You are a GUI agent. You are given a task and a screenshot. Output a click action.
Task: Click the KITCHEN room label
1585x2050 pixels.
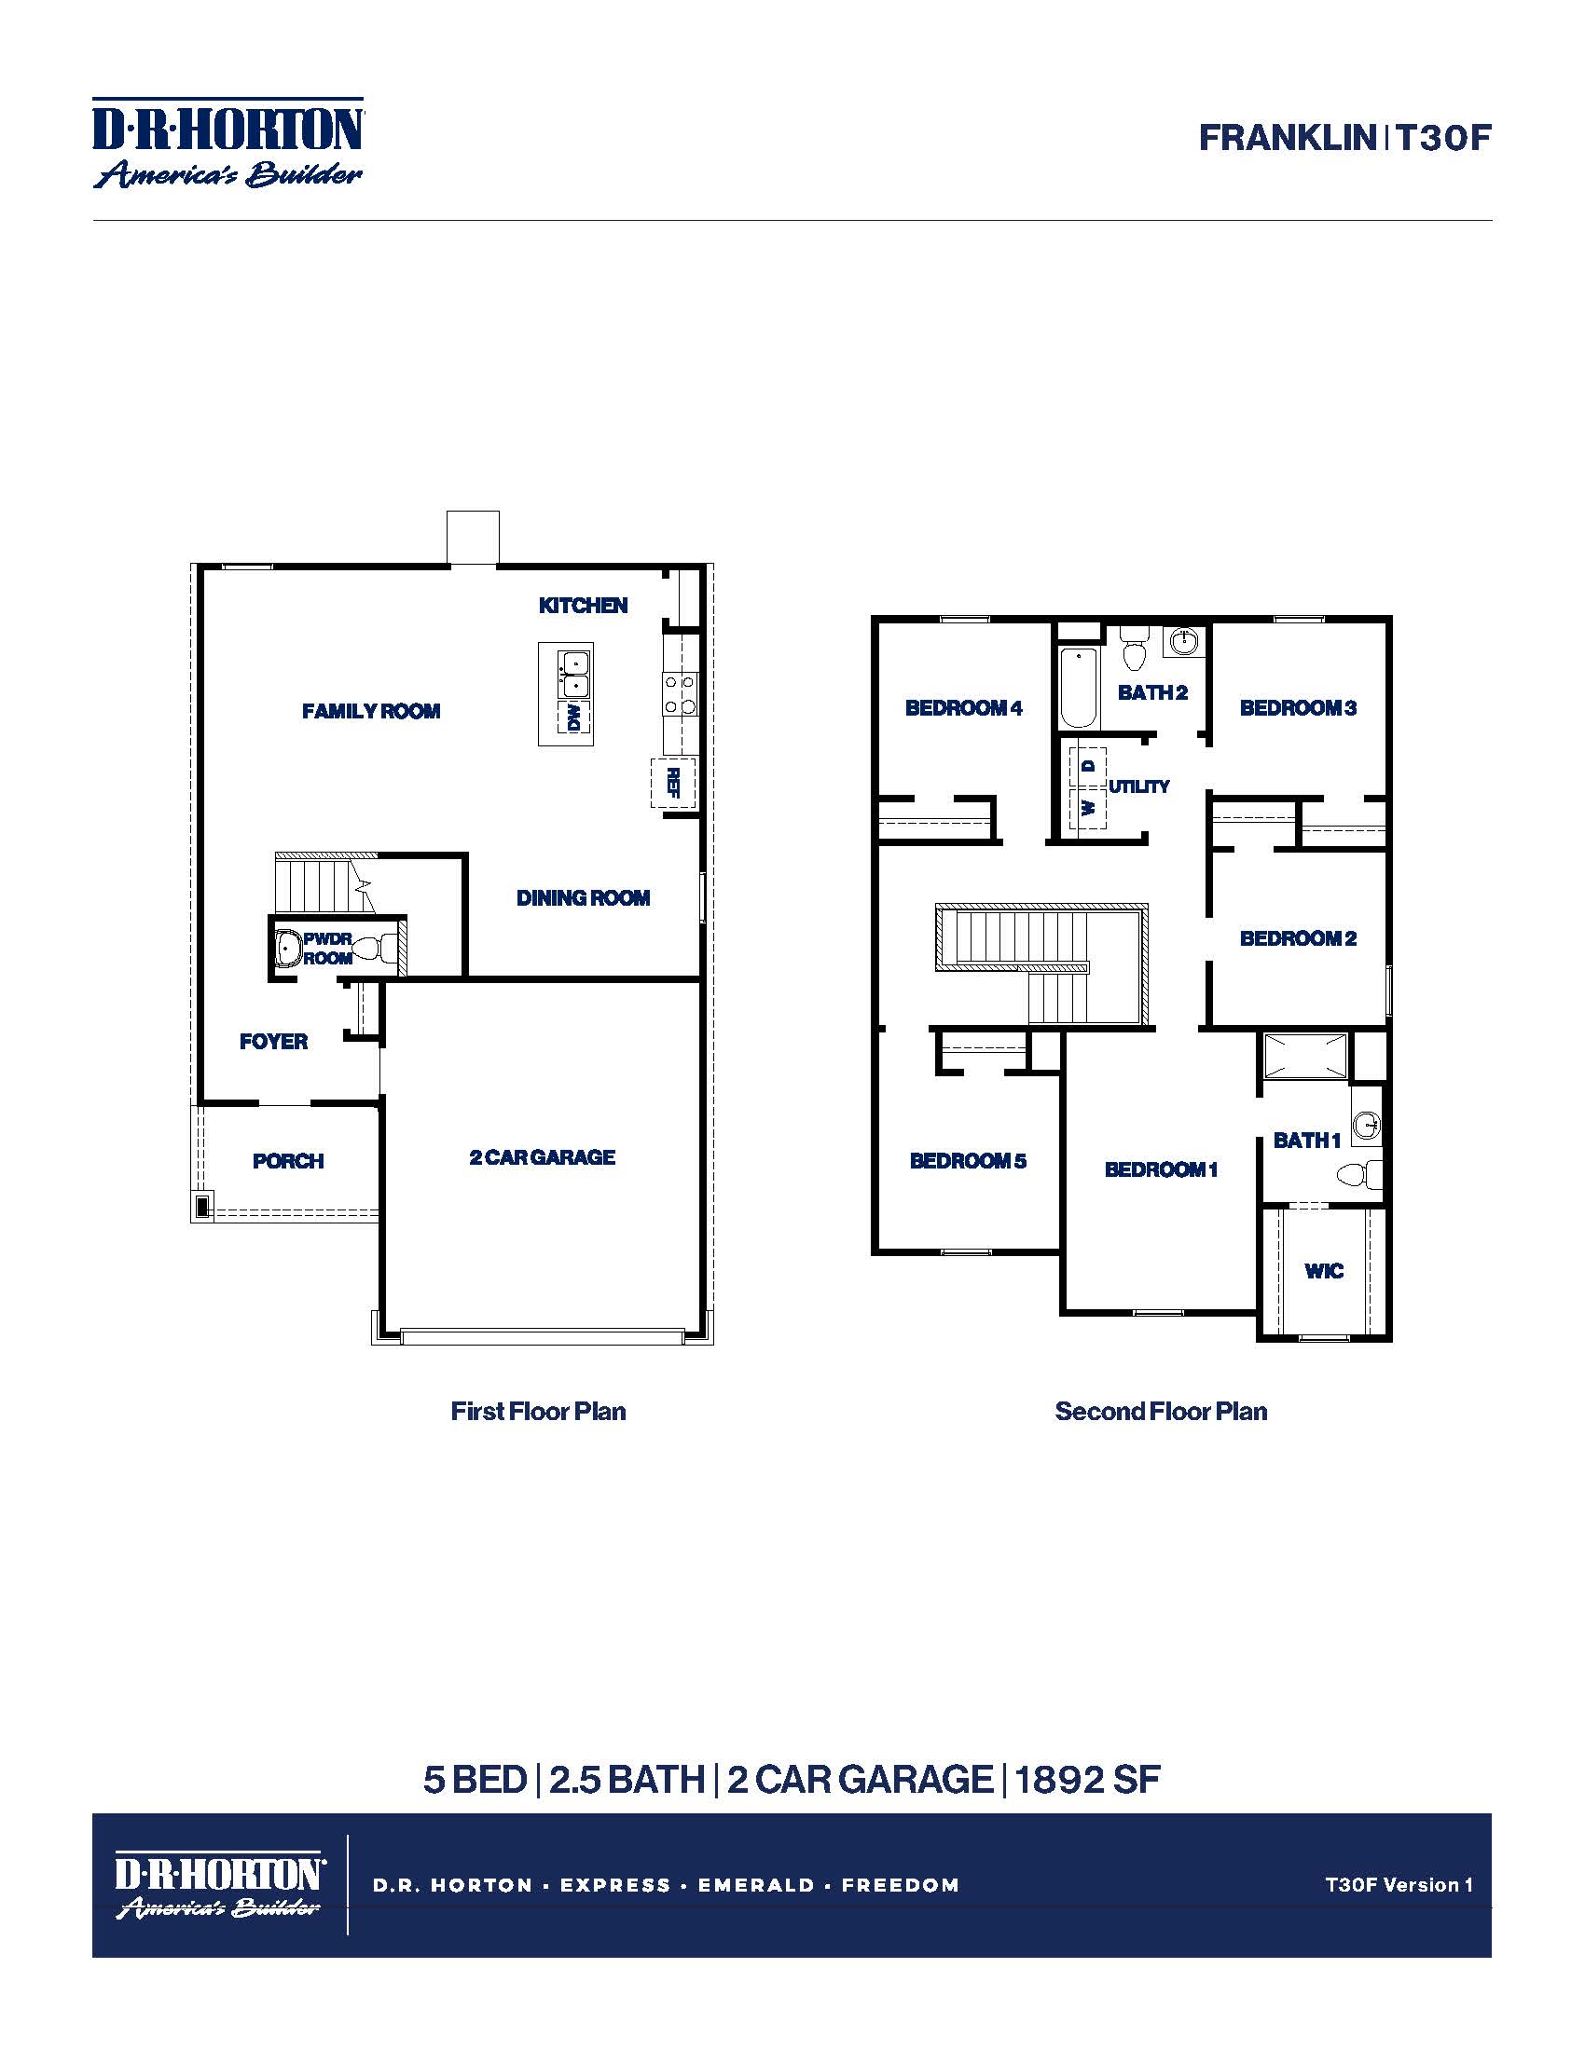pyautogui.click(x=583, y=606)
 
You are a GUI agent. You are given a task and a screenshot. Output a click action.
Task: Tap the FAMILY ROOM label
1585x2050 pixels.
pyautogui.click(x=371, y=712)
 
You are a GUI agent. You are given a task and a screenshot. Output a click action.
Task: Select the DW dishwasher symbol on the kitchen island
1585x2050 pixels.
pyautogui.click(x=573, y=718)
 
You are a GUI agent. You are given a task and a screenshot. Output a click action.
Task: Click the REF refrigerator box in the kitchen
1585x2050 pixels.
pyautogui.click(x=673, y=782)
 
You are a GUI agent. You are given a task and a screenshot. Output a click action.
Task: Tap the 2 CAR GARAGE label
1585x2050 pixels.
pyautogui.click(x=542, y=1157)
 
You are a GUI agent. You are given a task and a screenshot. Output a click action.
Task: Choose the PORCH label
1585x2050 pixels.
pyautogui.click(x=288, y=1161)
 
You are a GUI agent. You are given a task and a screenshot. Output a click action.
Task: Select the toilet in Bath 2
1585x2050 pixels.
pyautogui.click(x=1135, y=649)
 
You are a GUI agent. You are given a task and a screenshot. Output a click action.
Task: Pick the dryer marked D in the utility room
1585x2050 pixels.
pyautogui.click(x=1088, y=766)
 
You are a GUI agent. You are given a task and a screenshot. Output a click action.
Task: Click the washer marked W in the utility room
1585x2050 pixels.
pyautogui.click(x=1088, y=807)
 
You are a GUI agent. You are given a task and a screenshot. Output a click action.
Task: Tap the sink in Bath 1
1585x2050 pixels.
pyautogui.click(x=1367, y=1124)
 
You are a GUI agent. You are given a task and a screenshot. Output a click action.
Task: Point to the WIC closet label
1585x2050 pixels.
pyautogui.click(x=1324, y=1271)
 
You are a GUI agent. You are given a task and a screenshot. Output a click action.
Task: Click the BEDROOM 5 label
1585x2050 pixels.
pyautogui.click(x=968, y=1161)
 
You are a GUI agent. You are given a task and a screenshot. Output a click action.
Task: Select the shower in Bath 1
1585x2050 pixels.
pyautogui.click(x=1305, y=1056)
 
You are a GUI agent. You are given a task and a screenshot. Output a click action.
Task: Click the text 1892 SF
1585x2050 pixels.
pyautogui.click(x=1087, y=1780)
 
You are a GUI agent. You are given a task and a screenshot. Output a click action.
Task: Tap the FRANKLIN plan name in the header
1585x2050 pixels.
pyautogui.click(x=1287, y=138)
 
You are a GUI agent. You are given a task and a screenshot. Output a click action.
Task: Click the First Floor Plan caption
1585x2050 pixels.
pyautogui.click(x=538, y=1412)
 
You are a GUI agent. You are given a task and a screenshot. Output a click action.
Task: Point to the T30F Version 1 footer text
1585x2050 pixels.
pyautogui.click(x=1399, y=1885)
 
